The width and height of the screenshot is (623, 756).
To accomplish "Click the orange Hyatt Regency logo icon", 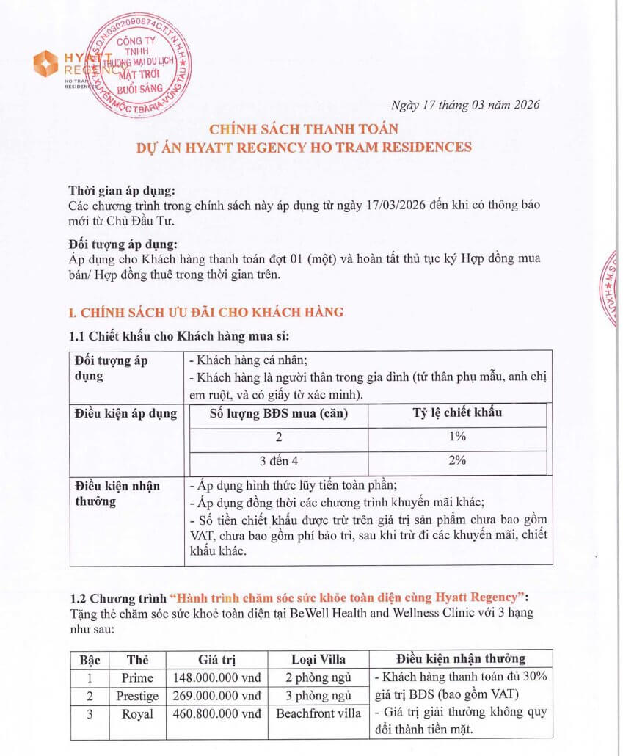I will coord(46,63).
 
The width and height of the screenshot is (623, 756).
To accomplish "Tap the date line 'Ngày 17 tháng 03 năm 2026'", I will coord(465,104).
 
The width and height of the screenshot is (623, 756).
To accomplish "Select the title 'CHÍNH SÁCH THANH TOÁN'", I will coord(303,129).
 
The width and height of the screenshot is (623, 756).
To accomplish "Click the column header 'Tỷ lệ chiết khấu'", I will coord(457,412).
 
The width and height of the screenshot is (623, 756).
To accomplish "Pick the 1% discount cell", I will coord(457,437).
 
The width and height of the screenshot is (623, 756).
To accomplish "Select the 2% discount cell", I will coord(457,461).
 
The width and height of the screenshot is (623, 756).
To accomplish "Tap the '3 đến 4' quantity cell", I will coord(279,461).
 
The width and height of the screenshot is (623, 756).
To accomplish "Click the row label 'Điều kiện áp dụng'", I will coord(126,413).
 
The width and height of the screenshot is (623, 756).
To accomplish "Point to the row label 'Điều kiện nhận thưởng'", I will coord(117,493).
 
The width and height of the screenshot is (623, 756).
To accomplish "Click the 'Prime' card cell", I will coord(137,677).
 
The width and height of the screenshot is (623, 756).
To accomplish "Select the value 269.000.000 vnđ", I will coord(216,695).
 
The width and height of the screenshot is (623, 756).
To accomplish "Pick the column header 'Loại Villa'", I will coord(318,658).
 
